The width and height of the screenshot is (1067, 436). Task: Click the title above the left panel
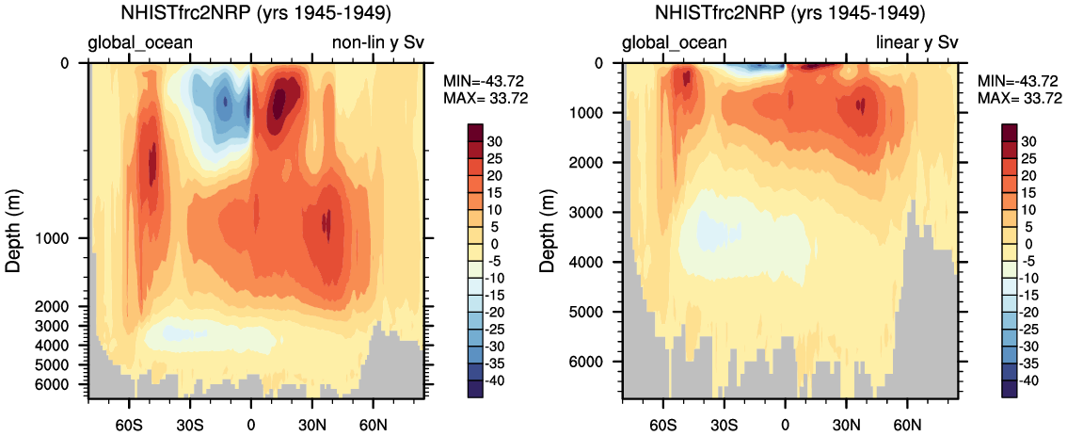pyautogui.click(x=257, y=14)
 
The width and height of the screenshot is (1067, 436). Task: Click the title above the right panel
pyautogui.click(x=791, y=14)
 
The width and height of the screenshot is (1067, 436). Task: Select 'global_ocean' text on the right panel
pyautogui.click(x=675, y=42)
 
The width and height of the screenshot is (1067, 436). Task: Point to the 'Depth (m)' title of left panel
pyautogui.click(x=14, y=230)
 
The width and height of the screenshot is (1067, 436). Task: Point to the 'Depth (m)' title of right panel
pyautogui.click(x=549, y=230)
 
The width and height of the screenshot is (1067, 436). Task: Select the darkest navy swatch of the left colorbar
pyautogui.click(x=476, y=390)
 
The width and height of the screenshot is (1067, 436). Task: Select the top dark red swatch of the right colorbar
pyautogui.click(x=1011, y=131)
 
